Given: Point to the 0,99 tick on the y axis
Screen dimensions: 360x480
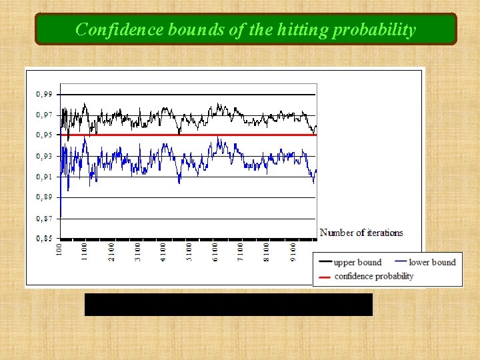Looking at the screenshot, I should pos(44,94).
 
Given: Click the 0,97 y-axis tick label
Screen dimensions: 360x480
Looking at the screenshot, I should pos(44,115).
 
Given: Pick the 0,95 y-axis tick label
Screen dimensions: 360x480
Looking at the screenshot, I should pos(44,135).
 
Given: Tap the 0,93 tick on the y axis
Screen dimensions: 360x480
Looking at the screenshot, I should pos(44,156).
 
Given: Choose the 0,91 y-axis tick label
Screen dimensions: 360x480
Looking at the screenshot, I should pos(44,177).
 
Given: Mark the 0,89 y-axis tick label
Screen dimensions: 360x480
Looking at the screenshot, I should pos(44,197).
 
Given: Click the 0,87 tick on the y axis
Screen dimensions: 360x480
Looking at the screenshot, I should pos(44,219).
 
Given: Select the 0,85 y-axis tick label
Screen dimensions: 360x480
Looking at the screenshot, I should pos(44,239).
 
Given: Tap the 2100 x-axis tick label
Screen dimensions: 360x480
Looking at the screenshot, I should pos(111,251).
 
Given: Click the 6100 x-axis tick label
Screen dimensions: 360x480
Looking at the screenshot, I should pos(215,251).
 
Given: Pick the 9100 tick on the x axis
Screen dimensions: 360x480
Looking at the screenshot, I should pos(292,251).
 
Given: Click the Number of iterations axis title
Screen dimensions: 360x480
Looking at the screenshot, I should pos(361,233).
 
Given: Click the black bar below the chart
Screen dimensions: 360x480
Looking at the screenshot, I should pos(228,305).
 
